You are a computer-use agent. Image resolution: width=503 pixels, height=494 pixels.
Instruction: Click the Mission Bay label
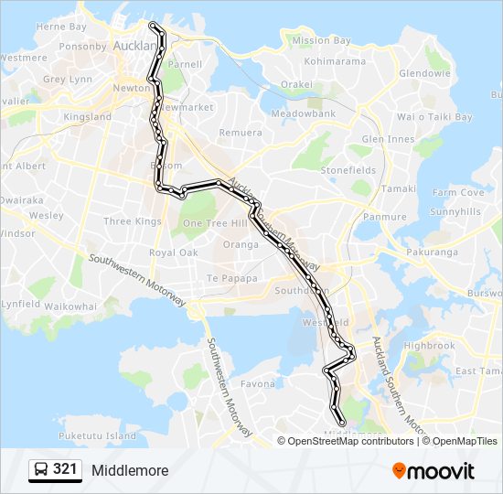321,41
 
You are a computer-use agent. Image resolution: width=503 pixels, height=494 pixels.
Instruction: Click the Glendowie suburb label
424,73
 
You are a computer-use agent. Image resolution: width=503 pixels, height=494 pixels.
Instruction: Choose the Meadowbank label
304,113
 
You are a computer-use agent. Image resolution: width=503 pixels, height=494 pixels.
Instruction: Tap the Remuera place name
240,133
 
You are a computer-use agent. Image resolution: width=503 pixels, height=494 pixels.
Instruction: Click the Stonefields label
348,170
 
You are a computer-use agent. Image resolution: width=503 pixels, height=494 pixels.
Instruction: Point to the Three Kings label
132,221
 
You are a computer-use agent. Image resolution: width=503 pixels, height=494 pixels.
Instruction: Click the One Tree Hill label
215,223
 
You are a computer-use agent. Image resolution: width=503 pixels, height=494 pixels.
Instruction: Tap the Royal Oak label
173,252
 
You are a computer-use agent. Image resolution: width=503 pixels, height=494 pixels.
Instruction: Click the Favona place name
258,384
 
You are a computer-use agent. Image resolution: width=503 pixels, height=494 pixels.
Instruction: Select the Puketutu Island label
97,435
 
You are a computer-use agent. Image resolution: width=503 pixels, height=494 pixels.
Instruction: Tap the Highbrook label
429,346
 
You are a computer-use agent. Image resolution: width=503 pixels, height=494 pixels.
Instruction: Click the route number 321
65,470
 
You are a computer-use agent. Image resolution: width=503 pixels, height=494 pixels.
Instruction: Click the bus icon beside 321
41,470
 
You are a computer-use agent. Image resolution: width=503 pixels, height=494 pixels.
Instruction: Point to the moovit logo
433,471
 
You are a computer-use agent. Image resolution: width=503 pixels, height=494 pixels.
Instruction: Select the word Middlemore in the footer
130,471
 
